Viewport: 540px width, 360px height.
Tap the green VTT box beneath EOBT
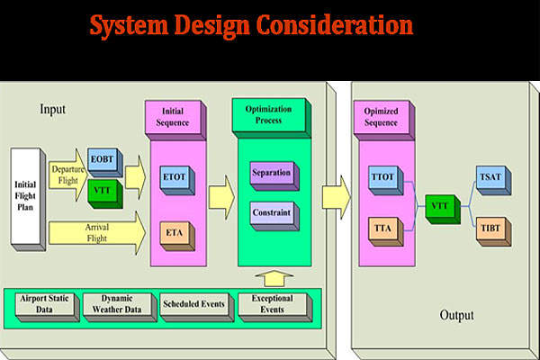tap(101, 191)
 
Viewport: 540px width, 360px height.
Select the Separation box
tap(271, 174)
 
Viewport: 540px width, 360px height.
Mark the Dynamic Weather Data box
tap(116, 304)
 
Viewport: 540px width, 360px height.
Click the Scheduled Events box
tap(193, 304)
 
